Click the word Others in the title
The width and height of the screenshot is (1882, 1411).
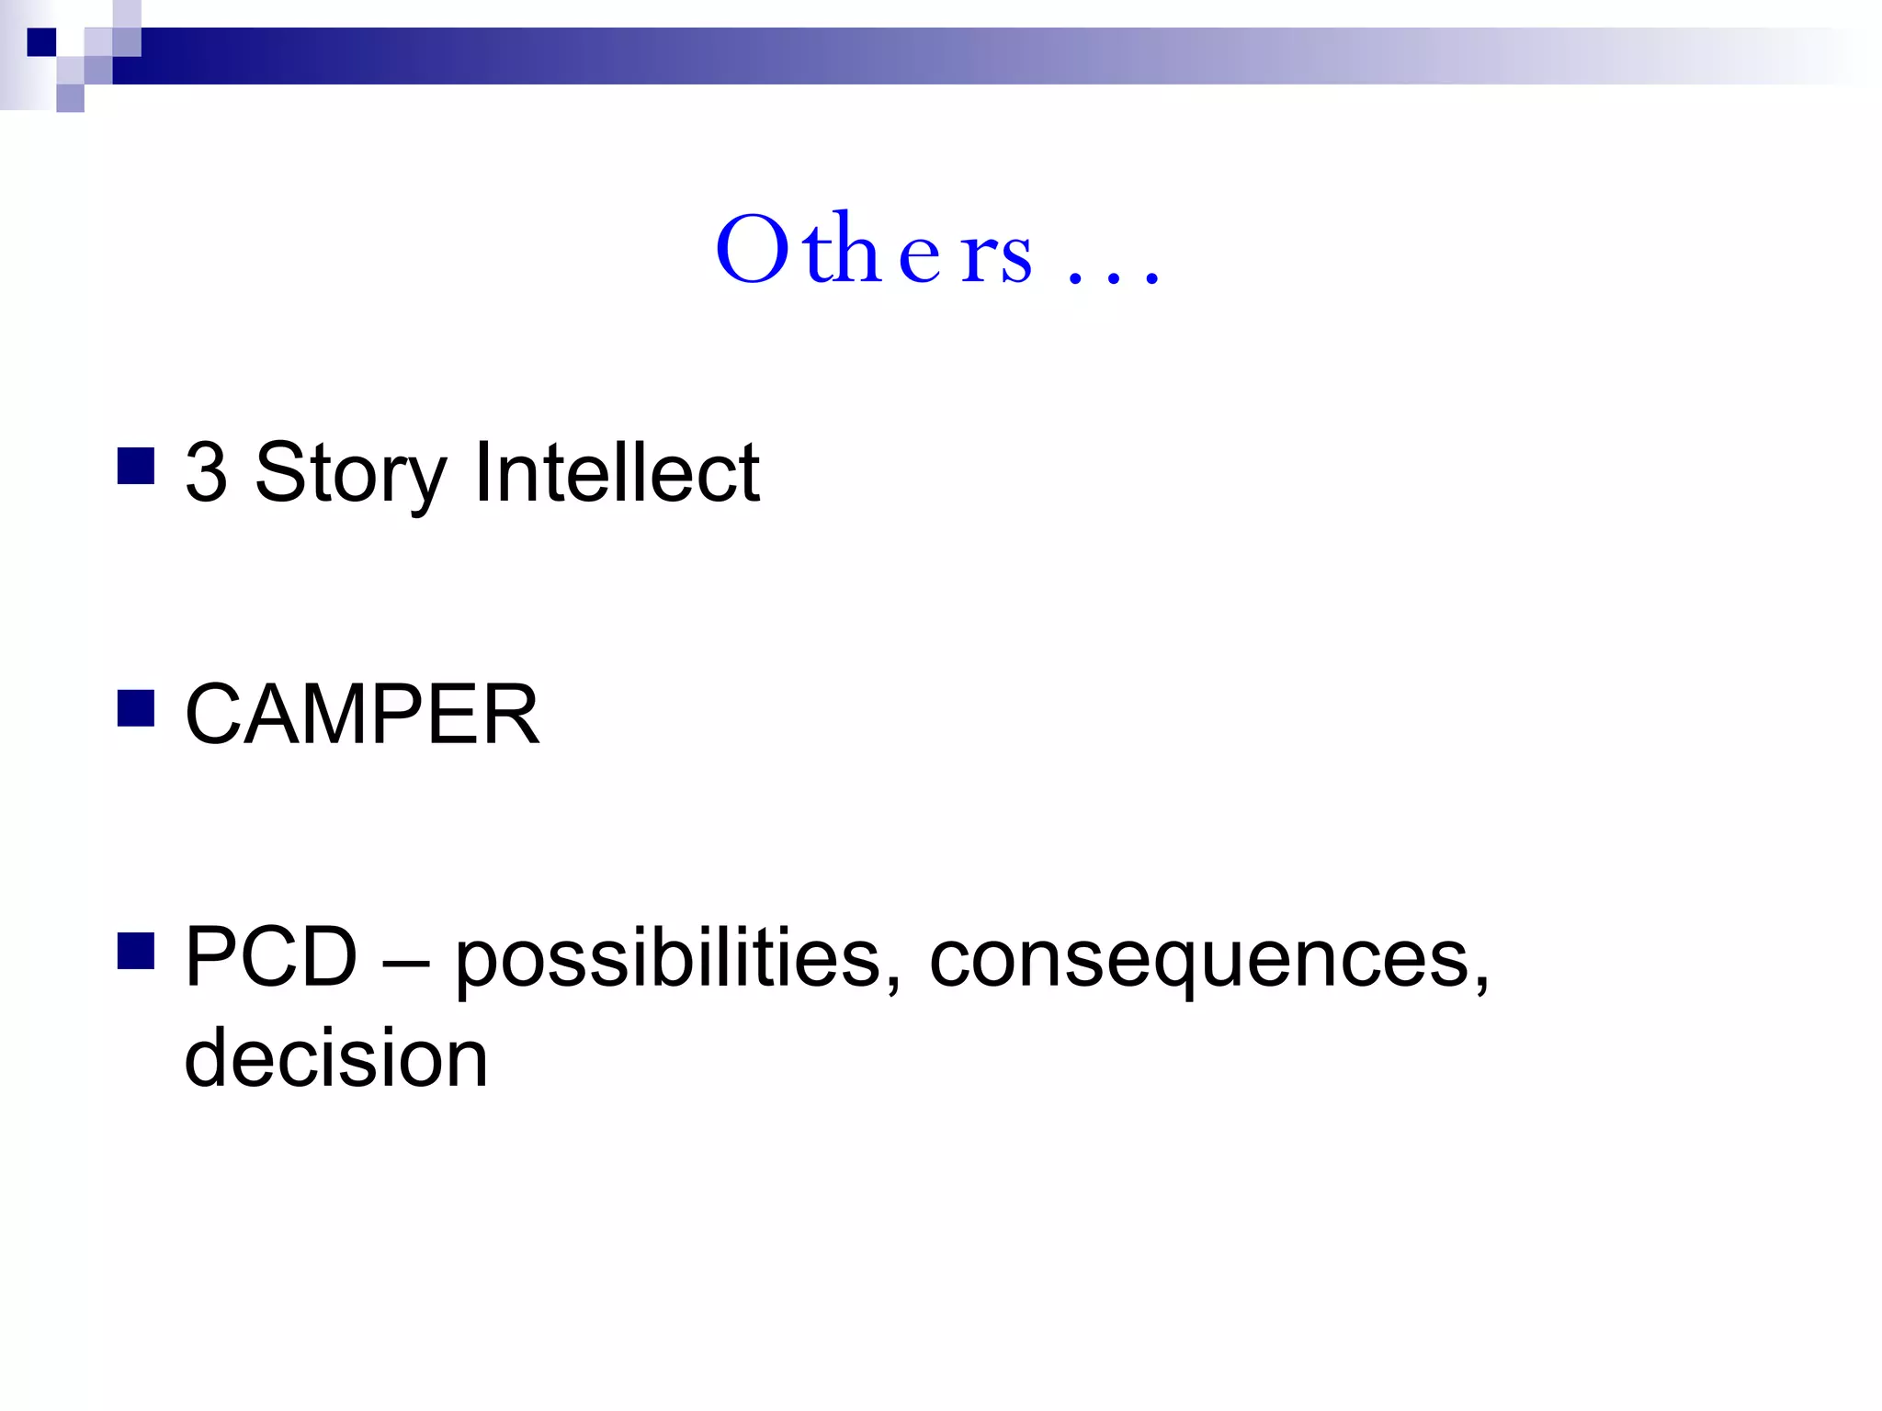pyautogui.click(x=873, y=250)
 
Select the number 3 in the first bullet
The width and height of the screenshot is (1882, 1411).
pyautogui.click(x=207, y=472)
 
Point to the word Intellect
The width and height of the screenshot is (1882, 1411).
pyautogui.click(x=617, y=472)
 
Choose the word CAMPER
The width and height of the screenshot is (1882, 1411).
pyautogui.click(x=362, y=714)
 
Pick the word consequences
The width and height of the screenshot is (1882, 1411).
pyautogui.click(x=1198, y=961)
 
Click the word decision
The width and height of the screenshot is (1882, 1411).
pyautogui.click(x=336, y=1057)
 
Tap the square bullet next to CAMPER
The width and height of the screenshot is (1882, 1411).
pyautogui.click(x=136, y=708)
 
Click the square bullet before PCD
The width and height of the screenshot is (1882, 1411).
pyautogui.click(x=136, y=952)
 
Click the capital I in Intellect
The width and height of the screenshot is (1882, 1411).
pyautogui.click(x=482, y=472)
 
